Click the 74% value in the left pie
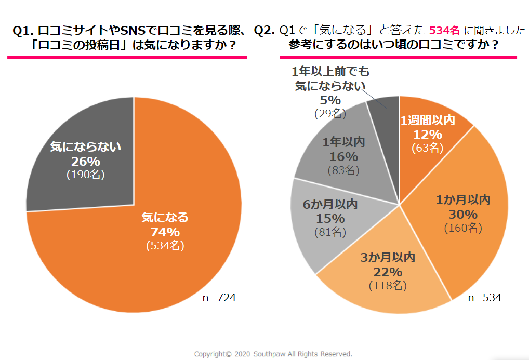pos(165,232)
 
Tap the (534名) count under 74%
pos(165,245)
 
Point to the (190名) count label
pos(86,175)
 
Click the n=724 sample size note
pos(219,298)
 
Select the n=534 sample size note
pos(484,298)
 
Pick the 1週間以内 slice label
pos(427,121)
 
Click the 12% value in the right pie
pos(427,135)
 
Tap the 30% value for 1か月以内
pos(463,214)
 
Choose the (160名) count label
pos(463,228)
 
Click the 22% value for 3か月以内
pos(388,271)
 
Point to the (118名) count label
pos(388,285)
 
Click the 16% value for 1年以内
pos(343,156)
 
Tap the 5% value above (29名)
pos(330,100)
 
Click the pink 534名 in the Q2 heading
pos(444,31)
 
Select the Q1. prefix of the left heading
pos(24,31)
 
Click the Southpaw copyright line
pos(273,354)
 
